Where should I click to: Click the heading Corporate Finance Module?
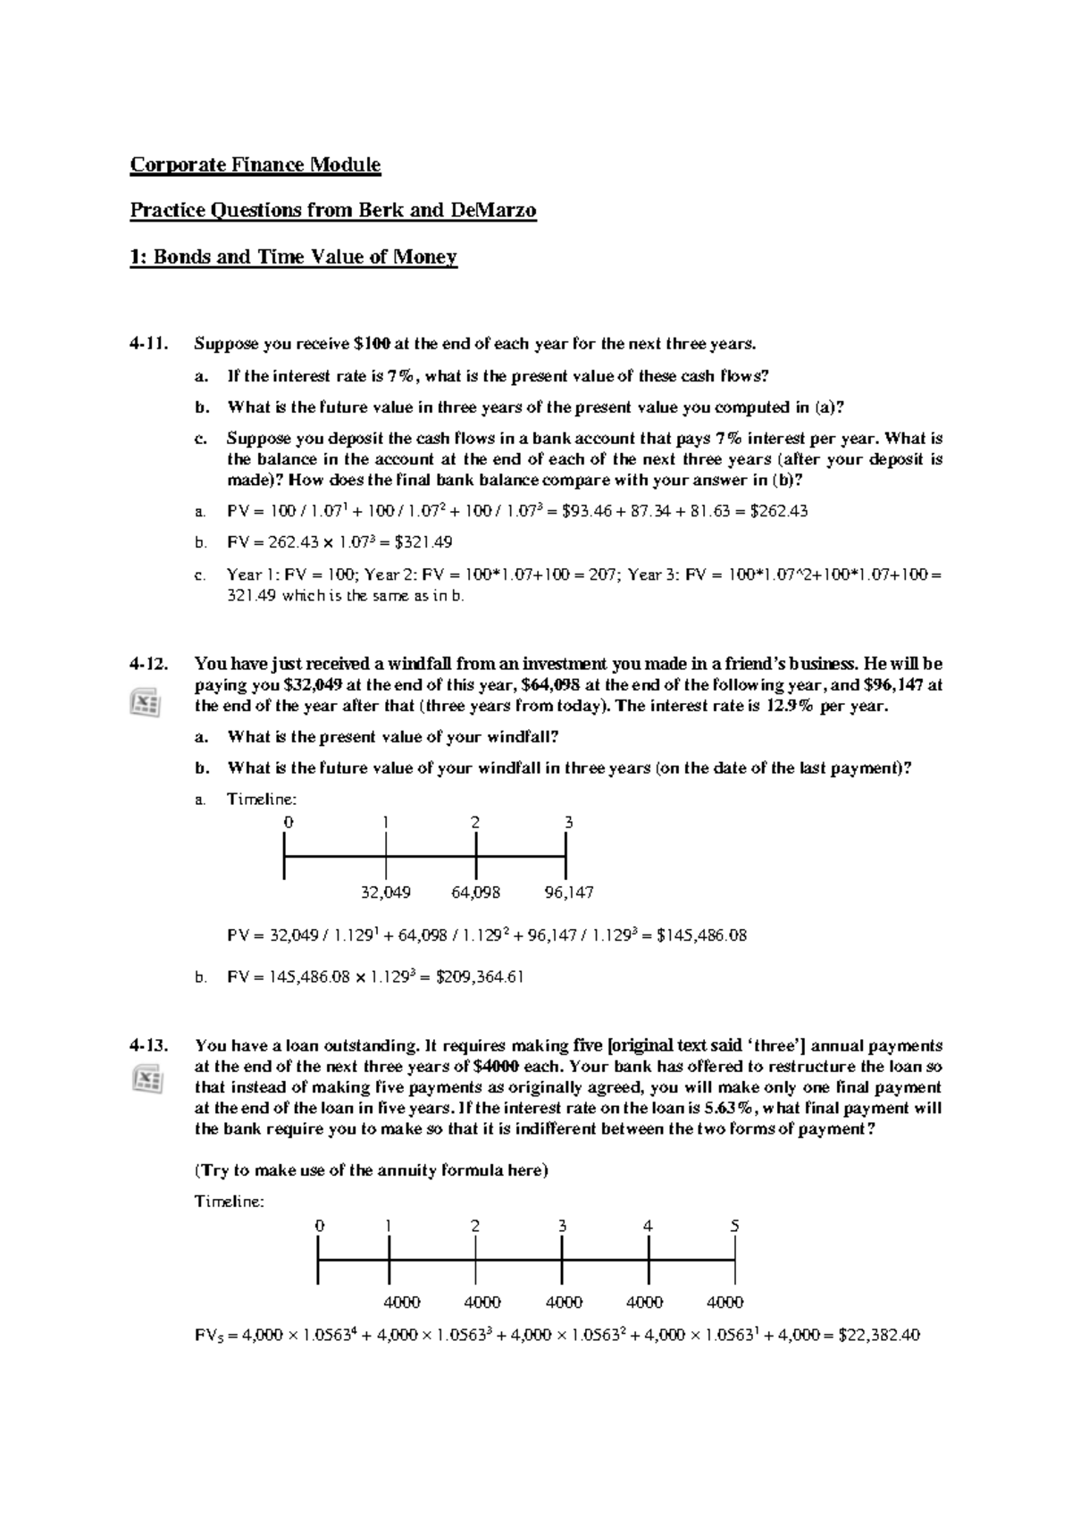point(255,165)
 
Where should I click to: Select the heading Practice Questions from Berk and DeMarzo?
point(333,211)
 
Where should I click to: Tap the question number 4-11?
point(148,344)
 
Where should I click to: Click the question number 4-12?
point(148,664)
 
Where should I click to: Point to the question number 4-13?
point(148,1045)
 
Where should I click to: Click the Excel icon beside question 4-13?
point(146,1080)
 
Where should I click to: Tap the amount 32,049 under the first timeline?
point(386,892)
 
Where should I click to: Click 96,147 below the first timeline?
point(568,892)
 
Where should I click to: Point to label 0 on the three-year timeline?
point(287,822)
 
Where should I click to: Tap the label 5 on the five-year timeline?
point(734,1226)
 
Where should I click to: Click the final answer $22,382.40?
point(880,1336)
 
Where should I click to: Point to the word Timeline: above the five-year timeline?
point(230,1202)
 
